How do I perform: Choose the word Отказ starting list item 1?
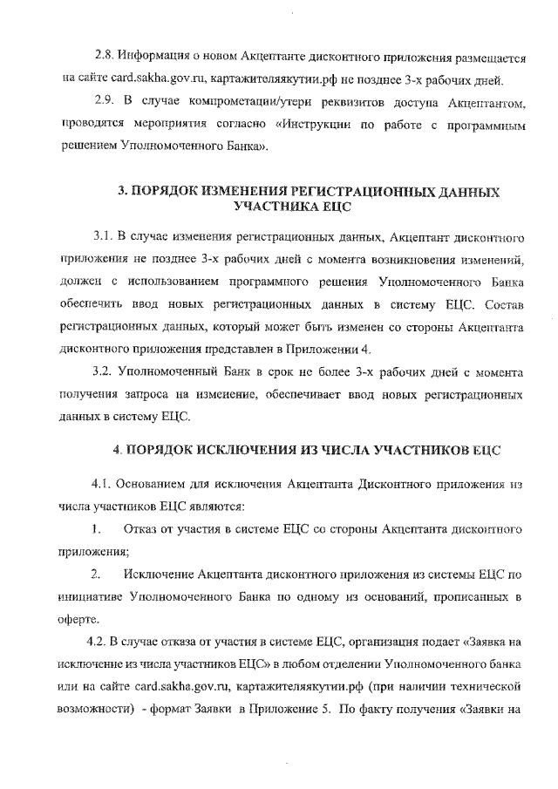point(141,529)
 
